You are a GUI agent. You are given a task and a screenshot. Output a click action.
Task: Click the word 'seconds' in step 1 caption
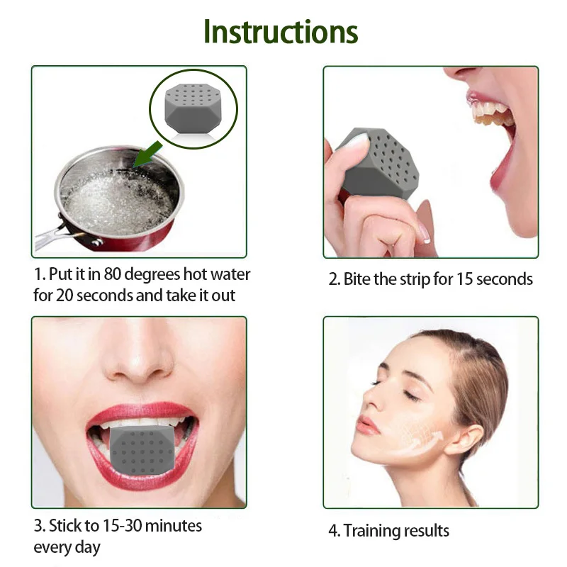(x=101, y=294)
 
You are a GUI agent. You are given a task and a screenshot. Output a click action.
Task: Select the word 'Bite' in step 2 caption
(x=357, y=279)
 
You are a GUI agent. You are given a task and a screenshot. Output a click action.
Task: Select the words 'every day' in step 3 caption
(x=67, y=547)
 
